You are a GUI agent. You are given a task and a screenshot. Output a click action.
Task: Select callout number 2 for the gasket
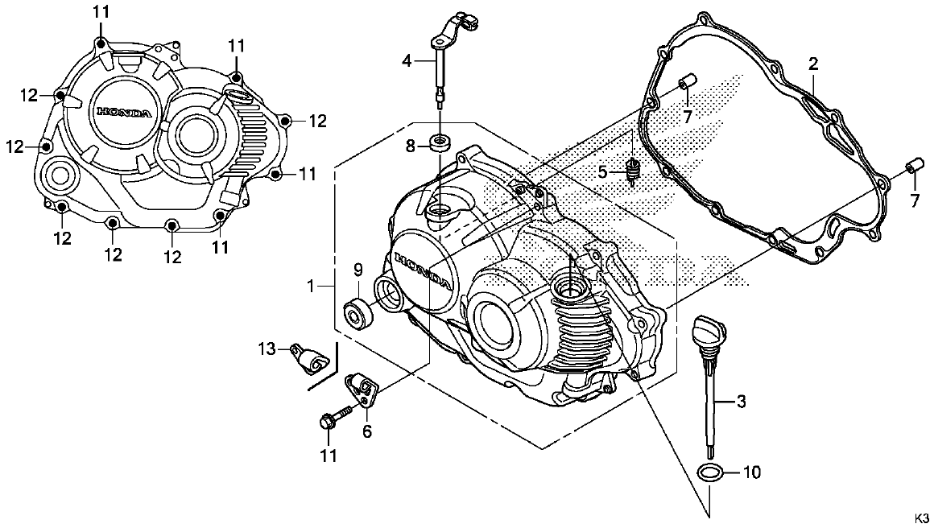[814, 63]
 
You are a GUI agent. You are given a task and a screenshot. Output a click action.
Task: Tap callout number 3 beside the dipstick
[742, 399]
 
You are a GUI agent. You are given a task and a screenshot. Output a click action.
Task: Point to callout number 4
[407, 60]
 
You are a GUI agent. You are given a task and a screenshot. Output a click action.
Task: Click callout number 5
[601, 171]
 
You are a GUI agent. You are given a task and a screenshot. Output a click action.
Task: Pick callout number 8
[409, 146]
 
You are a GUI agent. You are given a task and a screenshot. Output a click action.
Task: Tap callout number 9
[358, 268]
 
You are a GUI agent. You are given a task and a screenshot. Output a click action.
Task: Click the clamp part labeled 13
[311, 359]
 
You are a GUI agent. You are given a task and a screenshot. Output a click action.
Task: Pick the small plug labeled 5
[633, 171]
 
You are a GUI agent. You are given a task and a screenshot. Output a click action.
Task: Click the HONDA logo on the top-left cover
[122, 113]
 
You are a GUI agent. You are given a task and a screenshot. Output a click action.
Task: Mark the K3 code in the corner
[920, 517]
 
